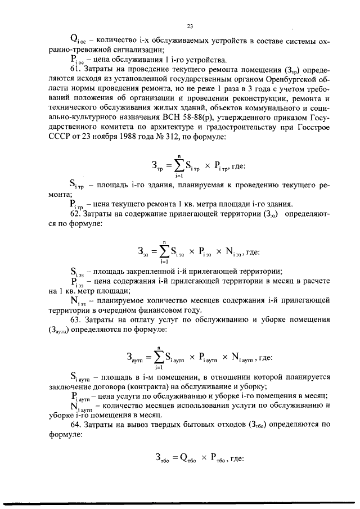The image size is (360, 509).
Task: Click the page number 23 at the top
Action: [190, 26]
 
